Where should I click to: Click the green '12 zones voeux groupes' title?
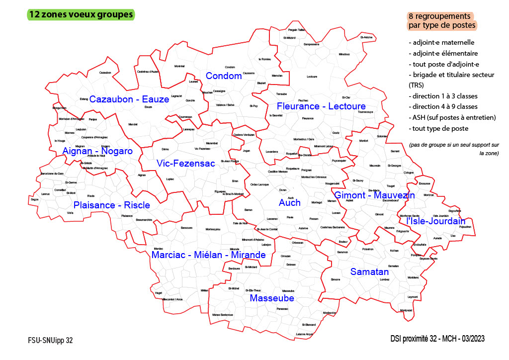(81, 14)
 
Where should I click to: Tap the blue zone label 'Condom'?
(224, 76)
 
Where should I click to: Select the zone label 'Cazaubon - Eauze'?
(129, 99)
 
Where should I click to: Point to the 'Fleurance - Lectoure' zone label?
(321, 106)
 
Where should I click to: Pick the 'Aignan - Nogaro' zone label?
(97, 151)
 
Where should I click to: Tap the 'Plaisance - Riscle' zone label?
(111, 205)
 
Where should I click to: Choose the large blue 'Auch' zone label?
(289, 203)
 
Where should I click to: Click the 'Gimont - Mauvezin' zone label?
(374, 195)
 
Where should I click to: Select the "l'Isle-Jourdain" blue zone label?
(435, 221)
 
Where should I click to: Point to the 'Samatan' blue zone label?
(369, 272)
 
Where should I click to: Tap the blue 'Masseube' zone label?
(271, 298)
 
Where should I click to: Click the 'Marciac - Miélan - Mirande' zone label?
(208, 255)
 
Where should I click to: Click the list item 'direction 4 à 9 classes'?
(443, 107)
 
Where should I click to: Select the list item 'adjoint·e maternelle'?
(441, 42)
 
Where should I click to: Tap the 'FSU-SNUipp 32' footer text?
(50, 341)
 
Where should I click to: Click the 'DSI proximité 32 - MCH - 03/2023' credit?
(437, 339)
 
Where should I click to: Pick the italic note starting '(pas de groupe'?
(454, 149)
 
